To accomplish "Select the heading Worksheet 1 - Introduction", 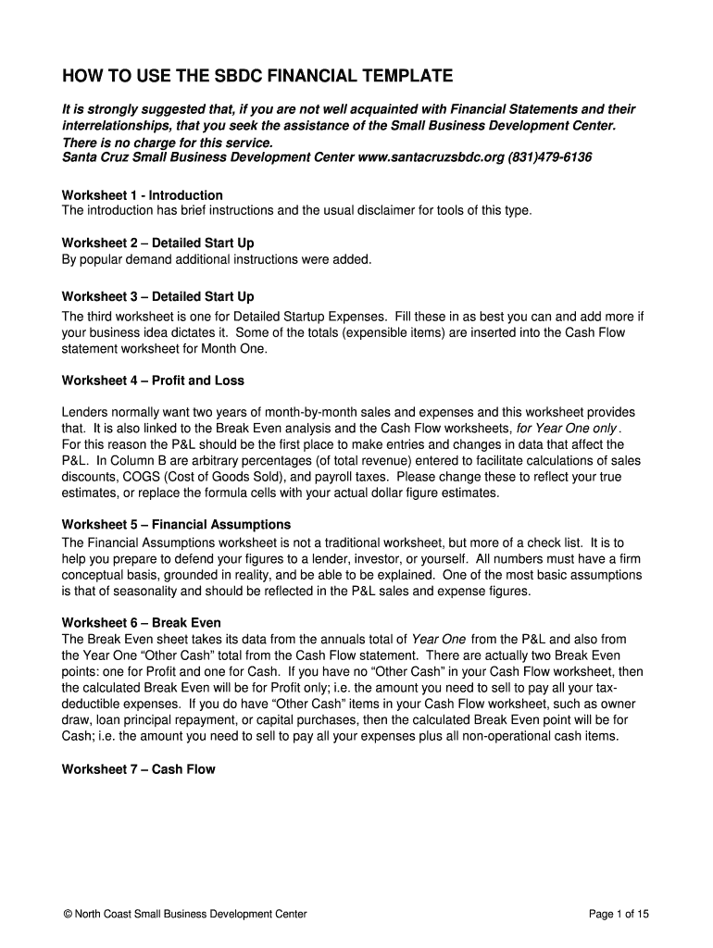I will click(142, 195).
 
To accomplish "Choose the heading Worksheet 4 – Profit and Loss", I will click(153, 380).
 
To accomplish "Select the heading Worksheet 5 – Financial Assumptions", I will click(176, 524).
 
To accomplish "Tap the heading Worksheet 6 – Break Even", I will click(141, 622).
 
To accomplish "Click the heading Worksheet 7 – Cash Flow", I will click(138, 768).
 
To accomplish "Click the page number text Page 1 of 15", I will click(619, 915).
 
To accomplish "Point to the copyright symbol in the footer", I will click(67, 915).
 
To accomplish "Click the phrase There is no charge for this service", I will click(168, 143).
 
